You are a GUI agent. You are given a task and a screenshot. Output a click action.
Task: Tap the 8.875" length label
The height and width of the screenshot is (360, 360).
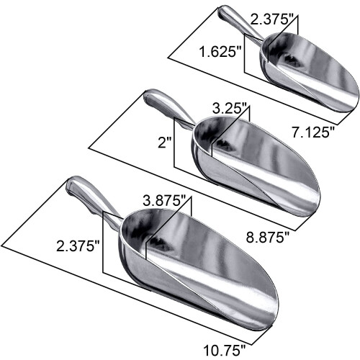pyautogui.click(x=267, y=238)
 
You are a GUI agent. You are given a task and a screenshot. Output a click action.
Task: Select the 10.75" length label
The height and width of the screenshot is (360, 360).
pyautogui.click(x=225, y=350)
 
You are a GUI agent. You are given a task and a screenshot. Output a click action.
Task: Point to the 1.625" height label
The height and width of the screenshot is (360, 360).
pyautogui.click(x=220, y=52)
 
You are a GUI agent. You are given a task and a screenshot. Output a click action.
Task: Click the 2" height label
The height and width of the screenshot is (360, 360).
pyautogui.click(x=166, y=143)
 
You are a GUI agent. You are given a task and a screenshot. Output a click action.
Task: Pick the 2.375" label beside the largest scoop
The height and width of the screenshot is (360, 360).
pyautogui.click(x=78, y=246)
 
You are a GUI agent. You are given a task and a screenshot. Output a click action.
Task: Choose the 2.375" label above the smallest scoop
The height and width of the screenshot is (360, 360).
pyautogui.click(x=271, y=19)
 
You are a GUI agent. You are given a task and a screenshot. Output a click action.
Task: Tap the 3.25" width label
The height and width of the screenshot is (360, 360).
pyautogui.click(x=230, y=109)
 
